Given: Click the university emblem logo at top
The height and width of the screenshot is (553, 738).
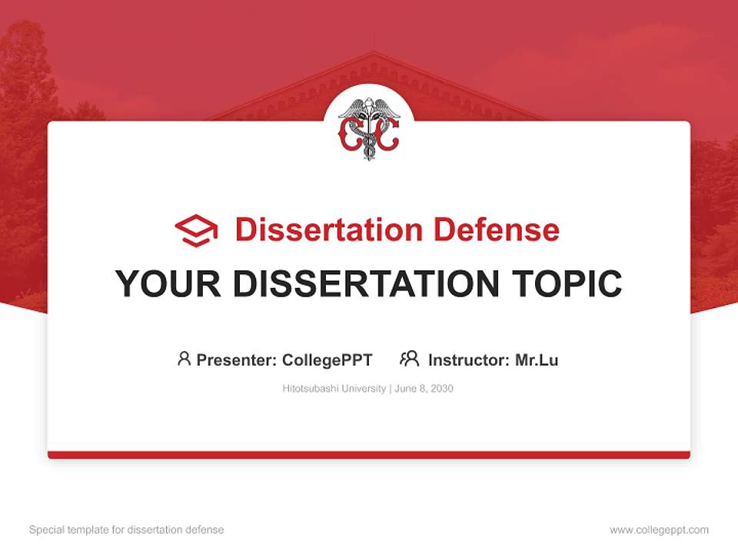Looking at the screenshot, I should (x=369, y=128).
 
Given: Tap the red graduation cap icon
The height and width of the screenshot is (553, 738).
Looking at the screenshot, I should (x=196, y=230).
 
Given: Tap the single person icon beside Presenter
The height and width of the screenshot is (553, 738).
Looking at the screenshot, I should (x=184, y=359).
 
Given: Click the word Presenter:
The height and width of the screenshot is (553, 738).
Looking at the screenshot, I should (x=236, y=359).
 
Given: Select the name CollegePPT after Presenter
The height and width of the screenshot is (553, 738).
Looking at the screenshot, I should (x=327, y=359).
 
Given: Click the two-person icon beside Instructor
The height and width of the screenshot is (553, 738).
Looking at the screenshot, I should (x=410, y=359).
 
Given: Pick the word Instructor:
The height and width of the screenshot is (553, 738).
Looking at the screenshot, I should (x=468, y=359).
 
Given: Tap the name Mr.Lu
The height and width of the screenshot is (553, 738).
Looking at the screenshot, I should (x=537, y=359).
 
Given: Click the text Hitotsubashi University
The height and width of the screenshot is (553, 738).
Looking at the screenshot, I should (x=334, y=389).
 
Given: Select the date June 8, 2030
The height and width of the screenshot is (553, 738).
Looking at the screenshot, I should (x=425, y=389).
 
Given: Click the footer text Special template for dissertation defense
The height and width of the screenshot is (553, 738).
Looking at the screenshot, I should (x=127, y=530).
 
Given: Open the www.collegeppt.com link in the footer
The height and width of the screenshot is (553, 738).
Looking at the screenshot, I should (x=659, y=530).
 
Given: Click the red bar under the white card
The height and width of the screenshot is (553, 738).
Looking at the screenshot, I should (x=369, y=455).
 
